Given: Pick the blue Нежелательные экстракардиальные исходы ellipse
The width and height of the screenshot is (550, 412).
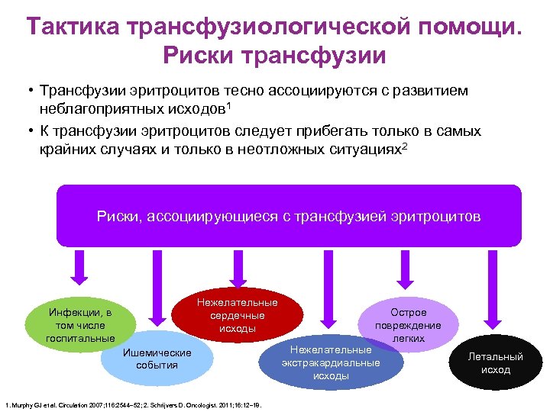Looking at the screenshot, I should [x=331, y=362].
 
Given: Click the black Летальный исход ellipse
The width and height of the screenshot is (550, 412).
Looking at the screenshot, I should [x=495, y=362].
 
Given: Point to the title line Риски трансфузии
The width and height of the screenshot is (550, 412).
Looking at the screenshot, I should [x=274, y=56].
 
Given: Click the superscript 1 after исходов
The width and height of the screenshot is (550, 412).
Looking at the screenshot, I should [x=228, y=102].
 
